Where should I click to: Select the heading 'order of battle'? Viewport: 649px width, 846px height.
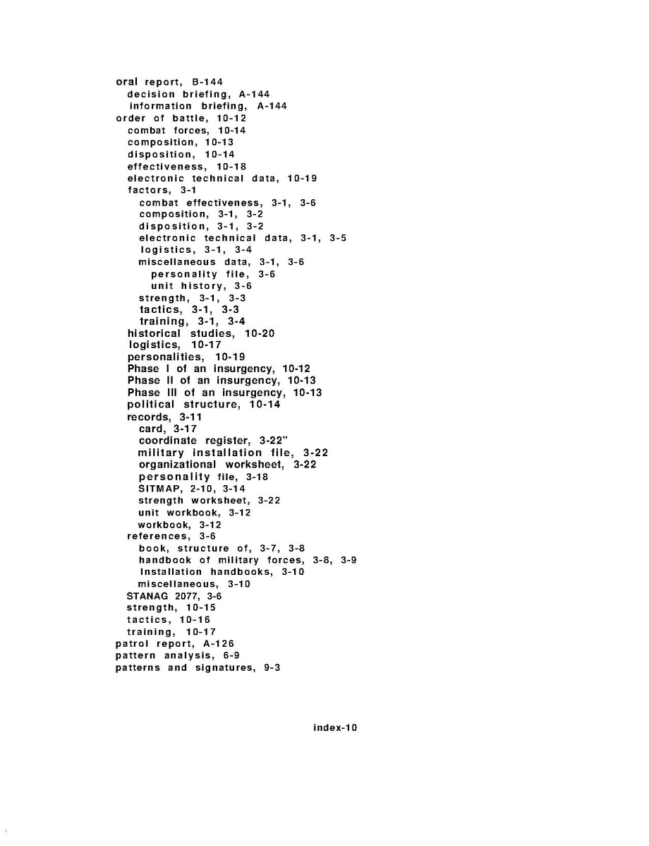pyautogui.click(x=157, y=118)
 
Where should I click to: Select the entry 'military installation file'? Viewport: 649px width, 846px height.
pyautogui.click(x=210, y=453)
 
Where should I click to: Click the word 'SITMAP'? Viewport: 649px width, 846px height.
pyautogui.click(x=159, y=489)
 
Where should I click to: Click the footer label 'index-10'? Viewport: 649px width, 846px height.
pyautogui.click(x=335, y=728)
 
